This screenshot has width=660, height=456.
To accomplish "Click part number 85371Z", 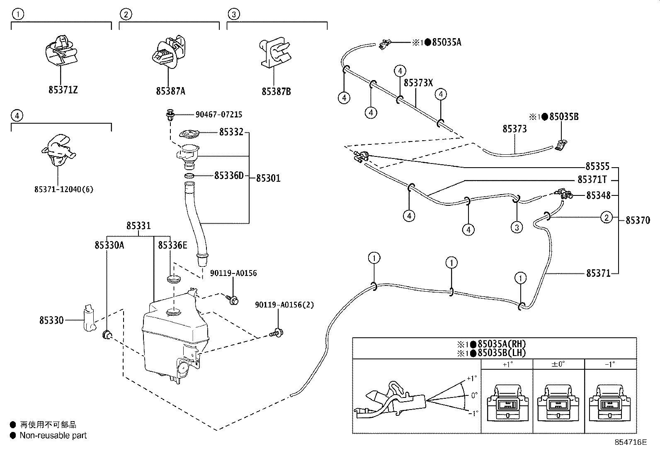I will [63, 90].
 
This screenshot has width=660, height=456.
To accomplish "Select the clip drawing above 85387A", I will [167, 52].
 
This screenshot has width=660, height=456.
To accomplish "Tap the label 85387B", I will [276, 91].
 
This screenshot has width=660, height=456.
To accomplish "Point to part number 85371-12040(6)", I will [64, 190].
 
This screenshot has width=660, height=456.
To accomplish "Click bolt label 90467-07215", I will [219, 115].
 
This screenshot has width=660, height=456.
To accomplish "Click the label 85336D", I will [229, 176].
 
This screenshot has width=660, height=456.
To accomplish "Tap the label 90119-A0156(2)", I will [284, 305].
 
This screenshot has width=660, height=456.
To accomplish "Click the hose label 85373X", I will [418, 83].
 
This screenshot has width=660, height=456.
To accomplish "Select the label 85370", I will [638, 220].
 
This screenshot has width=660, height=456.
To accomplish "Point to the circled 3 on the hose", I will [517, 227].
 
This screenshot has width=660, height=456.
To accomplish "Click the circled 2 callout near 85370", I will [607, 217].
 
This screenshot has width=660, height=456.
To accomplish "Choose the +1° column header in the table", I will [507, 364].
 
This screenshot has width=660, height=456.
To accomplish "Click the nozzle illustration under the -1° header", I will [609, 402].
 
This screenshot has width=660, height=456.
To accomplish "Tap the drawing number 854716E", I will [631, 442].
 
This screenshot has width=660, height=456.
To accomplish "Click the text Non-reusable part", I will [53, 436].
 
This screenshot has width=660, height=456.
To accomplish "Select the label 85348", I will [598, 195].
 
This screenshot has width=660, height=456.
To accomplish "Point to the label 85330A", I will [109, 245].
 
